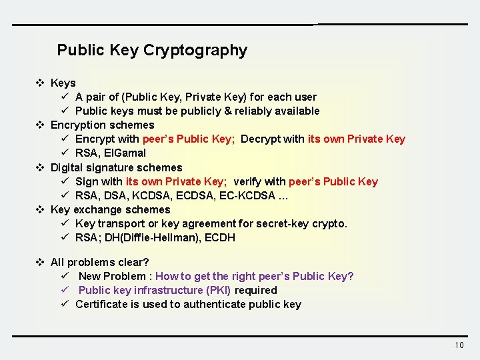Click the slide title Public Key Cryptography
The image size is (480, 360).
tap(152, 50)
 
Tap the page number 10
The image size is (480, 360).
tap(459, 345)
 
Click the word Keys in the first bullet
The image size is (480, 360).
tap(63, 83)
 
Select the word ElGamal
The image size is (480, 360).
tap(125, 153)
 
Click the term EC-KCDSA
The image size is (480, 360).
tap(253, 195)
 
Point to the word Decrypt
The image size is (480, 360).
tap(261, 139)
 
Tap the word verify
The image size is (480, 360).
tap(248, 181)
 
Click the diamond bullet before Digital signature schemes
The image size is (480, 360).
tap(40, 167)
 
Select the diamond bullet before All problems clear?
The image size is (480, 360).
tap(40, 262)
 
